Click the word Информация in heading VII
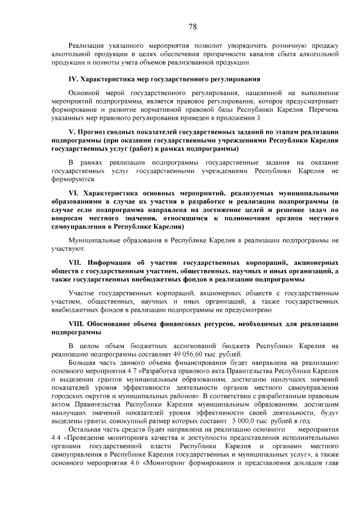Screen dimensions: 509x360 click(110, 263)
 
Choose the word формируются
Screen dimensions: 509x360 click(73, 179)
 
